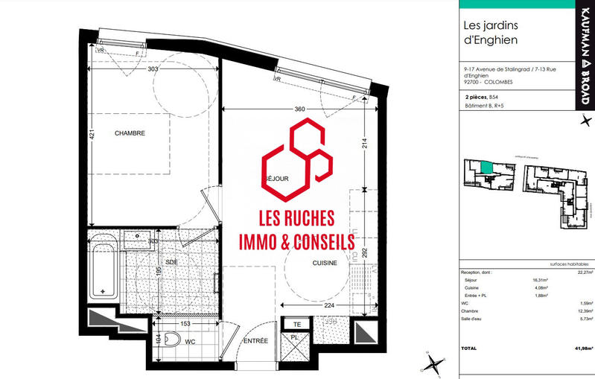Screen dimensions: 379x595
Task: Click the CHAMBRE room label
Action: [130, 133]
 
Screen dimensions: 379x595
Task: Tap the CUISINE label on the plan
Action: [325, 263]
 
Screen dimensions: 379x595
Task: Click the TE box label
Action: [296, 324]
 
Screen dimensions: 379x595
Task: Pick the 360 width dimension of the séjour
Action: [300, 109]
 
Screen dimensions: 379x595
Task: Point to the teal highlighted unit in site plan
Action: [486, 168]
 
